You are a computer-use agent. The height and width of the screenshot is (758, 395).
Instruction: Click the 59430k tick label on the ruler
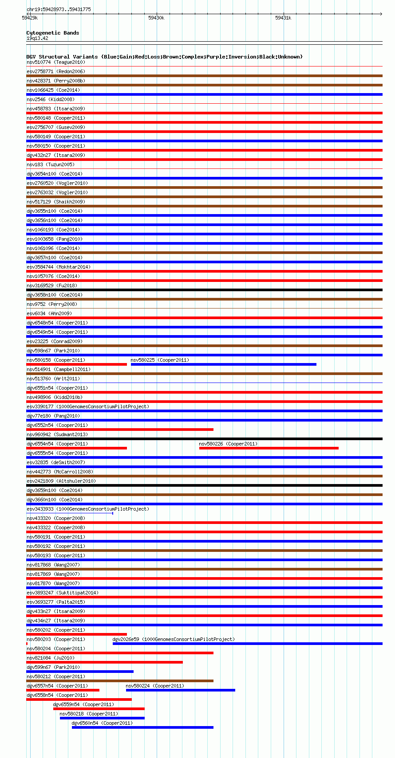click(156, 18)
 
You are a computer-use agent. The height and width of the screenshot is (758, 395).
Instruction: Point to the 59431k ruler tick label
click(283, 18)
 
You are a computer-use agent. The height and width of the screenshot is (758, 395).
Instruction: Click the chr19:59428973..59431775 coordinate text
click(59, 9)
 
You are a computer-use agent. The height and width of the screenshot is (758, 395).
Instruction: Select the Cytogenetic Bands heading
click(52, 33)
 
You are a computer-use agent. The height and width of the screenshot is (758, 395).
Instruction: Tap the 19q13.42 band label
click(37, 38)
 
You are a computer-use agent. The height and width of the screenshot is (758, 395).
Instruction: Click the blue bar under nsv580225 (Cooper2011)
click(224, 364)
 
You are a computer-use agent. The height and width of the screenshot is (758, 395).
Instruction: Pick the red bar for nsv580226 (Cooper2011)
click(269, 448)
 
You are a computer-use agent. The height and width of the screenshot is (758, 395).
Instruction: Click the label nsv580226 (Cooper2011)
click(228, 444)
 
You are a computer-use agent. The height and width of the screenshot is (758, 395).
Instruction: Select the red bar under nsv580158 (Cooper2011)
click(76, 364)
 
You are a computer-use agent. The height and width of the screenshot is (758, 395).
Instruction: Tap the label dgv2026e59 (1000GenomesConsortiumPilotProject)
click(174, 639)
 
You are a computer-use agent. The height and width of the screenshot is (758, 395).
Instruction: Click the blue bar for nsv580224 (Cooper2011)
click(181, 690)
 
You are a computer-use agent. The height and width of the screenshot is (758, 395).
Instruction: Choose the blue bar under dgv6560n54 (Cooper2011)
click(142, 727)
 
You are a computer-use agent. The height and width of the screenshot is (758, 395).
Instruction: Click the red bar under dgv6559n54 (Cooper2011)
click(99, 709)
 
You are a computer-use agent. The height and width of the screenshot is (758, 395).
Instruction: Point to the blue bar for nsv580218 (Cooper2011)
click(102, 718)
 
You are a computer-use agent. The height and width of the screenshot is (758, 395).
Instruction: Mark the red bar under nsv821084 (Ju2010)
click(104, 662)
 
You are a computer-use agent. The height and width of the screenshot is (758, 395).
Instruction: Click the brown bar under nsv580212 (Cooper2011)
click(120, 681)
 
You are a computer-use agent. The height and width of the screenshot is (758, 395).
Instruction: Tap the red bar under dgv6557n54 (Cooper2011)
click(63, 690)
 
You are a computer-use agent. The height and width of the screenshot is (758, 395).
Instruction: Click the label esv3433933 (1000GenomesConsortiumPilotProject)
click(88, 509)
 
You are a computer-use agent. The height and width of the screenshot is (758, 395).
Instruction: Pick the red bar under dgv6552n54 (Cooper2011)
click(120, 430)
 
